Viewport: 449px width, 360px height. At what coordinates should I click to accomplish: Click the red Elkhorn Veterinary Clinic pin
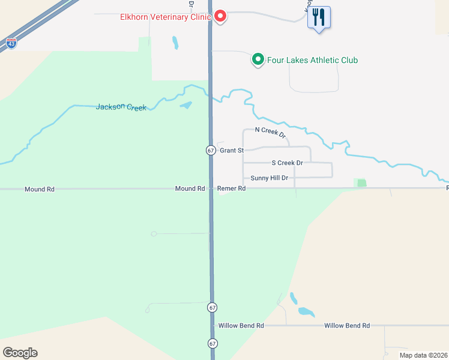pos(220,16)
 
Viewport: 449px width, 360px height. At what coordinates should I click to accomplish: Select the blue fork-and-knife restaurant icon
pos(319,18)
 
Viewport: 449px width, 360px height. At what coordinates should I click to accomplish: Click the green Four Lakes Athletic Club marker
pos(258,59)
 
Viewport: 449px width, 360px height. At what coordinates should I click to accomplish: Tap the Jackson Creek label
pos(121,107)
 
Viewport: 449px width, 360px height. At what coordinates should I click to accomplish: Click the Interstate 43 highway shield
pos(11,43)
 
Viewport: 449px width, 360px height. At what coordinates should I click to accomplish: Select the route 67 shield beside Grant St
pos(211,150)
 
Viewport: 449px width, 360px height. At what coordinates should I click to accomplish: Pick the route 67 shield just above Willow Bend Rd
pos(212,307)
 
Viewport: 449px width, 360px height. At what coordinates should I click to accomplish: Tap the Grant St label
pos(231,151)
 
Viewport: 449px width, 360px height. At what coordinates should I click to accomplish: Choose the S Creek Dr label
pos(288,163)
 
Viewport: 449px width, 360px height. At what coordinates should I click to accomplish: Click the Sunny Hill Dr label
pos(270,178)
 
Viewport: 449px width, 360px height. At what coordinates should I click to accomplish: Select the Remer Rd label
pos(232,188)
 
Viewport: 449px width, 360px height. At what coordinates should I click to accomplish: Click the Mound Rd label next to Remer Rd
pos(190,188)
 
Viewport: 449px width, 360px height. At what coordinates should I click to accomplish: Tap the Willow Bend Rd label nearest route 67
pos(241,325)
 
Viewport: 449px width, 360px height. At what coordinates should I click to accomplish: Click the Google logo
pos(20,353)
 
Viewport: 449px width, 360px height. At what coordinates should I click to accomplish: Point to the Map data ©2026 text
pos(424,355)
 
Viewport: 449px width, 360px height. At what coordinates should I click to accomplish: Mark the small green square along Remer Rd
pos(361,183)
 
